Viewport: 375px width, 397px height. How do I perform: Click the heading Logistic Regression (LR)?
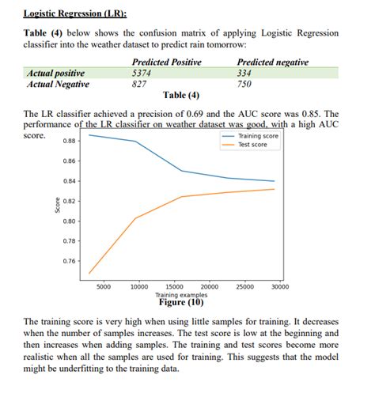tap(75, 13)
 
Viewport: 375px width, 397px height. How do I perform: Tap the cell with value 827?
tap(139, 84)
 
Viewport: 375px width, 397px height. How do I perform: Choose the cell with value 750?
tap(245, 84)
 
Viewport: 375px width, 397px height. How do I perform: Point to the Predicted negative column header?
tap(273, 62)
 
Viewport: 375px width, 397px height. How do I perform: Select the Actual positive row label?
tap(55, 73)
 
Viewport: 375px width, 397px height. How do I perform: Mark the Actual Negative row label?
tap(58, 84)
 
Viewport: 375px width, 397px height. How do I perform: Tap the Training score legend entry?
tap(258, 136)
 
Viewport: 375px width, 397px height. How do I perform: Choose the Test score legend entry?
tap(252, 145)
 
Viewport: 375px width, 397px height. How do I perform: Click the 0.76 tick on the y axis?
tap(70, 261)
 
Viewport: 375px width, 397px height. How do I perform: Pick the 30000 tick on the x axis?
tap(280, 287)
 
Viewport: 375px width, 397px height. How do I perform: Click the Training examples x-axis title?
tap(182, 295)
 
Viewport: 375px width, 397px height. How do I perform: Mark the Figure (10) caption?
tap(181, 303)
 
